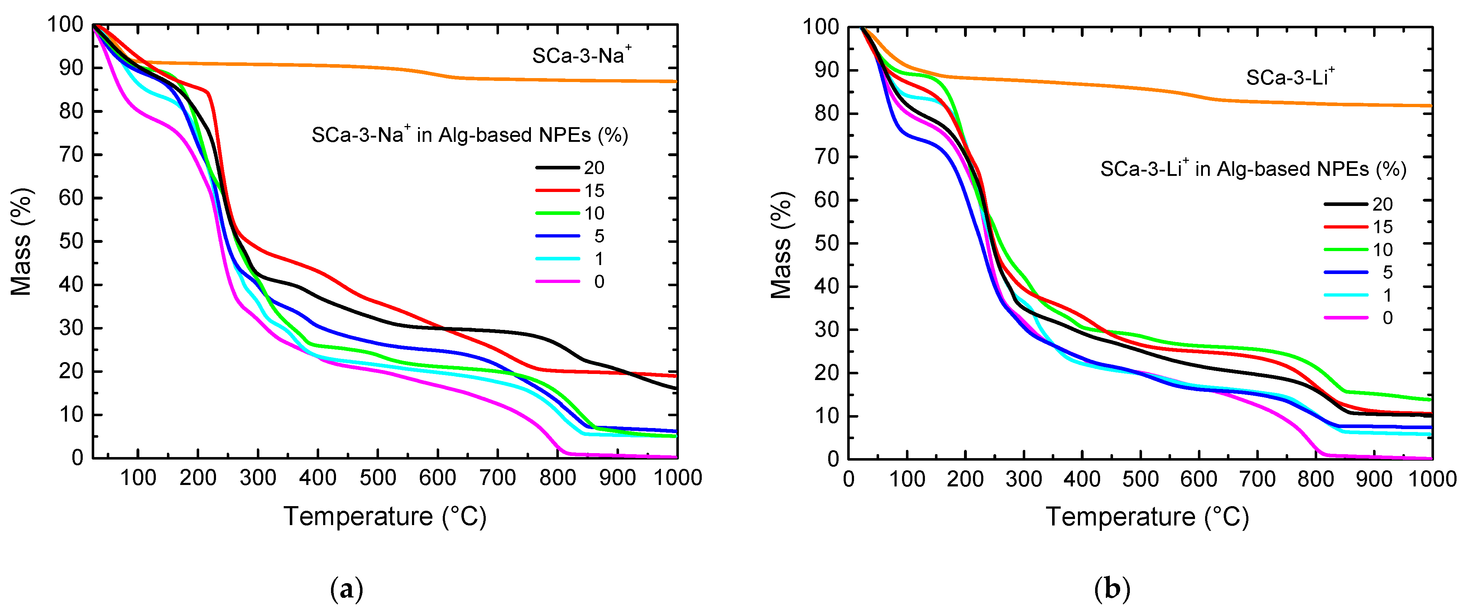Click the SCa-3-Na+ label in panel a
coord(581,55)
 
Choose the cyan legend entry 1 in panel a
coord(599,259)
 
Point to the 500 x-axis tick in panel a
coord(378,477)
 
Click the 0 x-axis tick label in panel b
coord(849,479)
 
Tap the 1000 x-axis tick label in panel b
coord(1432,479)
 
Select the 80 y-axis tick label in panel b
coord(826,114)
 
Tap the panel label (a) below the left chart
coord(346,590)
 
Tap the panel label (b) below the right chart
coord(1112,590)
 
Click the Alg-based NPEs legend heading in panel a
coord(469,135)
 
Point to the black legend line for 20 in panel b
coord(1346,204)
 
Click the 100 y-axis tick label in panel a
coord(65,25)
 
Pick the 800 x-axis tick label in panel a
coord(557,477)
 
